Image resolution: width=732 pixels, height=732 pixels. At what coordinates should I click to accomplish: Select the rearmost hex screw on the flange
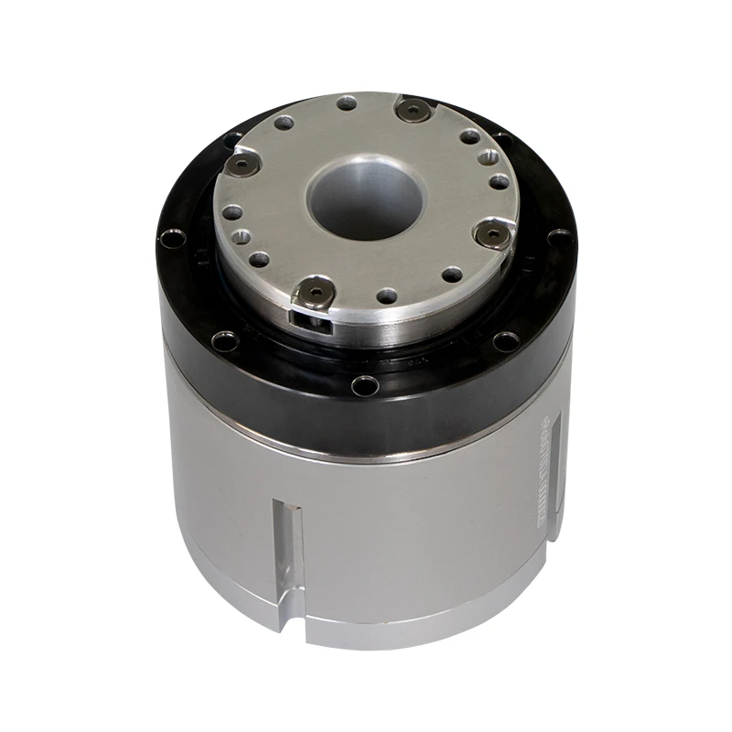click(415, 111)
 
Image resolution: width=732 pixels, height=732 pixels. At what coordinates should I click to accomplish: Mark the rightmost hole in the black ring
click(558, 240)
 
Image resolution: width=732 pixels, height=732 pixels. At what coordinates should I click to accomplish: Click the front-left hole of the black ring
click(222, 343)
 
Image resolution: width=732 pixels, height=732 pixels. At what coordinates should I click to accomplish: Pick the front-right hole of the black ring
click(506, 342)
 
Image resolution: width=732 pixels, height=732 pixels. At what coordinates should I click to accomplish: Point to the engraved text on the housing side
click(539, 476)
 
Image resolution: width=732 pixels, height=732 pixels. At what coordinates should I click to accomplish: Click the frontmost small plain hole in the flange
click(388, 296)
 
